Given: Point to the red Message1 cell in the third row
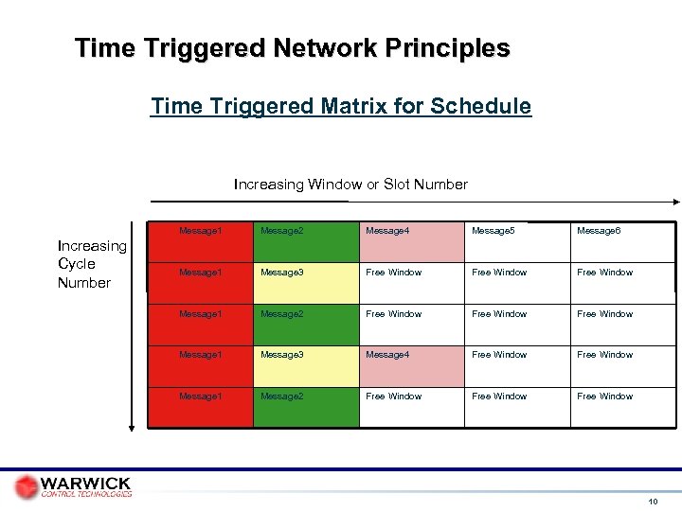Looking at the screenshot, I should click(x=200, y=325).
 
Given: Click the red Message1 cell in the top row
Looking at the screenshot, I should click(x=200, y=242).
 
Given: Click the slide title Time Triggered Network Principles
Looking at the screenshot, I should click(x=293, y=47).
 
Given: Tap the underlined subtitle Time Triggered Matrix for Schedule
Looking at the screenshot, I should click(x=341, y=106).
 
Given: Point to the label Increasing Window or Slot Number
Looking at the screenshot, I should click(x=350, y=185).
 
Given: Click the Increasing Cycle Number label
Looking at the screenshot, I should click(x=91, y=264).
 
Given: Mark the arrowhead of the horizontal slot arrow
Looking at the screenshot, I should click(x=675, y=202).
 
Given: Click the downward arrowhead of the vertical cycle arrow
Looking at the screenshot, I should click(x=133, y=427).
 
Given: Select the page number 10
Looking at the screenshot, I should click(x=653, y=501).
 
